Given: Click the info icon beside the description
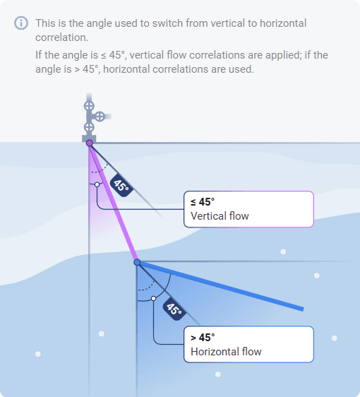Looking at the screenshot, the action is click(x=21, y=23).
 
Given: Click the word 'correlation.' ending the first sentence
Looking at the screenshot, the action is click(x=61, y=37).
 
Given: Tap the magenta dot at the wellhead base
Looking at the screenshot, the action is click(x=90, y=143).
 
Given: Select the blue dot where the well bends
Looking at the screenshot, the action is click(x=137, y=262).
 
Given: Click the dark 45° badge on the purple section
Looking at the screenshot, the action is click(x=121, y=185).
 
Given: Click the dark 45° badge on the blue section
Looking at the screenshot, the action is click(x=174, y=309).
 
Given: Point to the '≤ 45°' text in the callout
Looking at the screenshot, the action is click(x=203, y=202).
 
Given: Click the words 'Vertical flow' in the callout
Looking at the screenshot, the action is click(x=220, y=216).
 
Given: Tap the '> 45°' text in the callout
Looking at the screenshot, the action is click(x=203, y=338).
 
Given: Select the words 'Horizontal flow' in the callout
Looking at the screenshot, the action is click(x=226, y=352).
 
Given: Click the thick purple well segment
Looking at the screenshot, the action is click(x=114, y=203).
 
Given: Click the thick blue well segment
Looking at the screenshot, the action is click(x=220, y=285).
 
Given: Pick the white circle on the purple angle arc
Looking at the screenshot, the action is click(x=97, y=184).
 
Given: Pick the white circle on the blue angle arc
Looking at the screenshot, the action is click(x=154, y=299).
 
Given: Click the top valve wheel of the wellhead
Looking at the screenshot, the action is click(x=89, y=106).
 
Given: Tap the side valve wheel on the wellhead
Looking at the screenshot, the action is click(x=100, y=117).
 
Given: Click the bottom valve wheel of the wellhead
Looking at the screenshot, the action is click(x=89, y=127).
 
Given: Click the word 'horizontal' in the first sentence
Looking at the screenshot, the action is click(x=283, y=23).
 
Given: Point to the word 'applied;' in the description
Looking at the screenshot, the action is click(x=283, y=55).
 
